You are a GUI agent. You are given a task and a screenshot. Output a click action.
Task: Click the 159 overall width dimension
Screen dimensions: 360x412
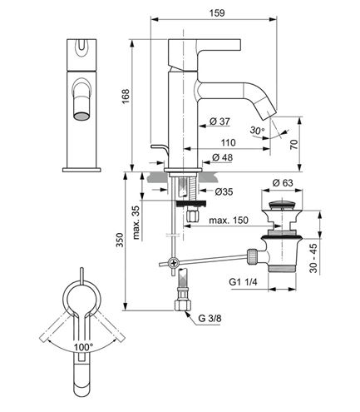click(x=217, y=13)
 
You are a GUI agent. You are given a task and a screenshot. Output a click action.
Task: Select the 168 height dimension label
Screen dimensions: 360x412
click(x=126, y=97)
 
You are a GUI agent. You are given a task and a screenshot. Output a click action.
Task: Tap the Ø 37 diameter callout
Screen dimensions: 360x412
click(x=219, y=122)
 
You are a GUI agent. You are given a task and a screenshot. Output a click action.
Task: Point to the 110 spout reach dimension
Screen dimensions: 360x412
click(x=228, y=142)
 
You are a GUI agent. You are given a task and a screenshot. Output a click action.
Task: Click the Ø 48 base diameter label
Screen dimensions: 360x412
click(x=223, y=157)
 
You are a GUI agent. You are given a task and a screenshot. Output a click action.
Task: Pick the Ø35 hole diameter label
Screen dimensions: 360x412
click(x=224, y=191)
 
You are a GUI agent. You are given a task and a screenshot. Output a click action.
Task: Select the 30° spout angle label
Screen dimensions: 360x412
click(x=257, y=131)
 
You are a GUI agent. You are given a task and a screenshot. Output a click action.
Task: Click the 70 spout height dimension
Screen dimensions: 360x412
click(x=294, y=145)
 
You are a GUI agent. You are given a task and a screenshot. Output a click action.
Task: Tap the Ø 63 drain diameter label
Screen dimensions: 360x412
click(x=283, y=183)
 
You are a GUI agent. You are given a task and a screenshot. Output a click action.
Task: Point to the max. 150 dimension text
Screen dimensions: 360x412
click(x=229, y=221)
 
